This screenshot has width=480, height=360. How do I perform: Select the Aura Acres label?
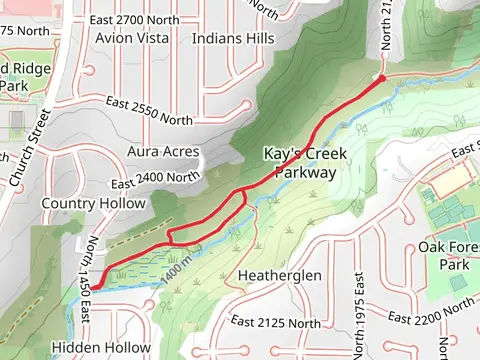[164, 152]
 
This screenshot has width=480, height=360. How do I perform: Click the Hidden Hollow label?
[100, 347]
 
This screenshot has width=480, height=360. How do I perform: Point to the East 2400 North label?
[156, 179]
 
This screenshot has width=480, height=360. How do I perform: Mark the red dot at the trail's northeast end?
[381, 76]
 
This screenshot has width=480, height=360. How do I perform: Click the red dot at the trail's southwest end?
[97, 287]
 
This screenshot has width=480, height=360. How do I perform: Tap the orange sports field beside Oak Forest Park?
[453, 181]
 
